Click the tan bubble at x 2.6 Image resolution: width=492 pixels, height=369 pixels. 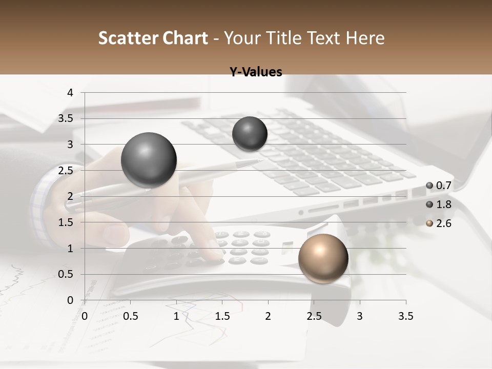323,258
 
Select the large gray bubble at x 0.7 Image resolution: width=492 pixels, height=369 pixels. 149,160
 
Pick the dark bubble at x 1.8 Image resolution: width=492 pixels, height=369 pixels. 250,134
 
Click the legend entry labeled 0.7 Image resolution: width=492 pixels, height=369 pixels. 440,186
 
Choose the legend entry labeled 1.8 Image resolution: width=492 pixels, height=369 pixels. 440,204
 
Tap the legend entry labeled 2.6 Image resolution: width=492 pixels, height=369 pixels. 440,223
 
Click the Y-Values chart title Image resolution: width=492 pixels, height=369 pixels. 256,72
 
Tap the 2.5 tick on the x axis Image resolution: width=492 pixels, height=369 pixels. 314,316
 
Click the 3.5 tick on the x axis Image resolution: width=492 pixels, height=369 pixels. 405,316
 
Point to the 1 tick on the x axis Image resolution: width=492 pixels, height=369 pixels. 176,316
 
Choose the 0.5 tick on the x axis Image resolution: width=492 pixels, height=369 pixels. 131,316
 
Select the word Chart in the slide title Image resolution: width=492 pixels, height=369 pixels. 185,38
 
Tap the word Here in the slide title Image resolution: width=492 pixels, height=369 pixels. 365,38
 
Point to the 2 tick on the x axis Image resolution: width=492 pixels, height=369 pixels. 268,316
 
